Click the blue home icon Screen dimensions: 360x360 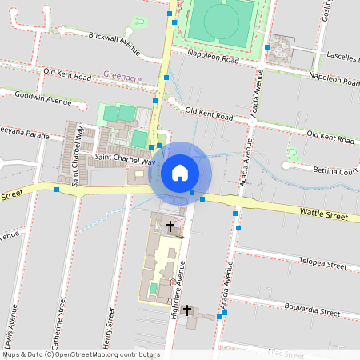click(x=180, y=173)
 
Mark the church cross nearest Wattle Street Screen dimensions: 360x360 click(x=170, y=227)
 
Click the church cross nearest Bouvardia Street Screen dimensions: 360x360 click(x=187, y=310)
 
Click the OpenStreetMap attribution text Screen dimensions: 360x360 click(x=80, y=354)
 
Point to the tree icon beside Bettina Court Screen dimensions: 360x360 click(x=294, y=154)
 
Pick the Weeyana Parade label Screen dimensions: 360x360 click(x=23, y=133)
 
